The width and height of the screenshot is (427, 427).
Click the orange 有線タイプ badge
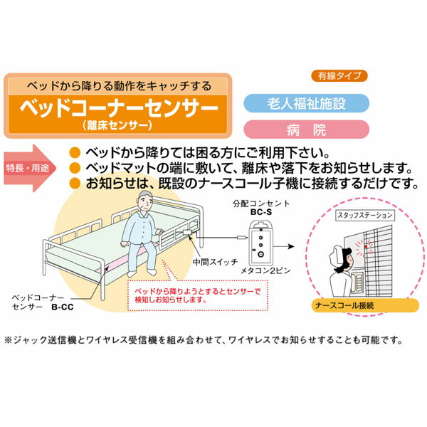(x=339, y=75)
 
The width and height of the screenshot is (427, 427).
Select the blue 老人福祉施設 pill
(x=306, y=103)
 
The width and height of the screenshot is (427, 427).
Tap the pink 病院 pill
(x=306, y=130)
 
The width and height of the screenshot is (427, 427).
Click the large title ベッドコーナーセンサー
(x=120, y=108)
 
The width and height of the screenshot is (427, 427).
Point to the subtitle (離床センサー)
(x=117, y=125)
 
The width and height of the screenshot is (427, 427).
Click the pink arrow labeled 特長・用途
(x=30, y=168)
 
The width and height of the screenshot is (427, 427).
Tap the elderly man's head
(x=144, y=201)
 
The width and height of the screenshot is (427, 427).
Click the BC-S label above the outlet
(x=261, y=212)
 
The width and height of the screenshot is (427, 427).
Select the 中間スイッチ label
(x=215, y=262)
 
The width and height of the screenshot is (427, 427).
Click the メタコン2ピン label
(x=265, y=270)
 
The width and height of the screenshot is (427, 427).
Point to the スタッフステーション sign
(x=365, y=216)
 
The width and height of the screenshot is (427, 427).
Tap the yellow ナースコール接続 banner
(x=365, y=305)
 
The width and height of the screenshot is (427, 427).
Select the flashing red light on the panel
(x=366, y=247)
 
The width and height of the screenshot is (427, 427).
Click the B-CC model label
(x=63, y=307)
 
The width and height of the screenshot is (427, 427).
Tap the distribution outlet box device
(x=260, y=243)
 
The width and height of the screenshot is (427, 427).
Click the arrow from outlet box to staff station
(x=284, y=246)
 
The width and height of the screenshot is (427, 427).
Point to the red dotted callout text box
(x=198, y=296)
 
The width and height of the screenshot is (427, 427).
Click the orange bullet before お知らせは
(x=75, y=184)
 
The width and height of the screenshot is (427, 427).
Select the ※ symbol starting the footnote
(x=9, y=340)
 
